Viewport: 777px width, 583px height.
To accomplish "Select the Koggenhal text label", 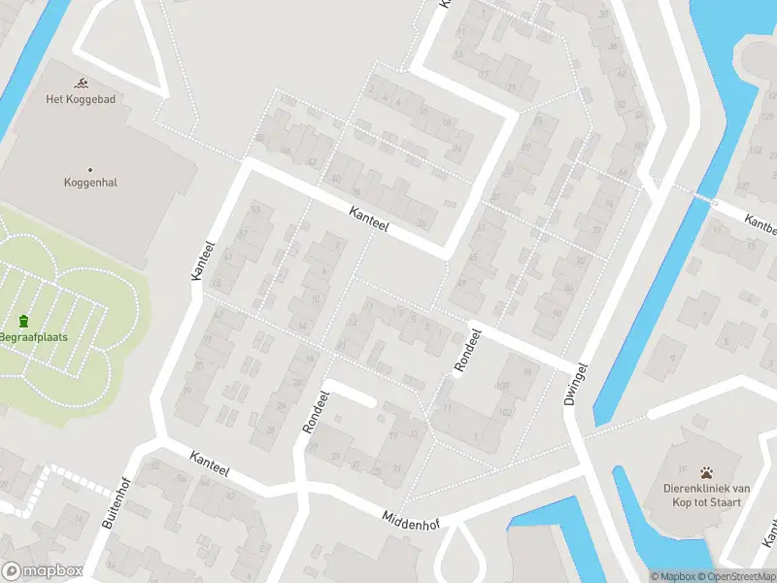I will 90,182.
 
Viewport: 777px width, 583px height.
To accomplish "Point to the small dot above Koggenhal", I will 90,169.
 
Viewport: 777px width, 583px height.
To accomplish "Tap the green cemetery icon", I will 23,322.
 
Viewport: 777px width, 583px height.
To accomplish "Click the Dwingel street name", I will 576,384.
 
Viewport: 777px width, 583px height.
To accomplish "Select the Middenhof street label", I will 411,521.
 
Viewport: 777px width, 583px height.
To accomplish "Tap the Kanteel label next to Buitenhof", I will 210,463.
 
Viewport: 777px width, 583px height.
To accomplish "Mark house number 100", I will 501,387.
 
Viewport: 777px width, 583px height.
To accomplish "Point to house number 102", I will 504,411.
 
